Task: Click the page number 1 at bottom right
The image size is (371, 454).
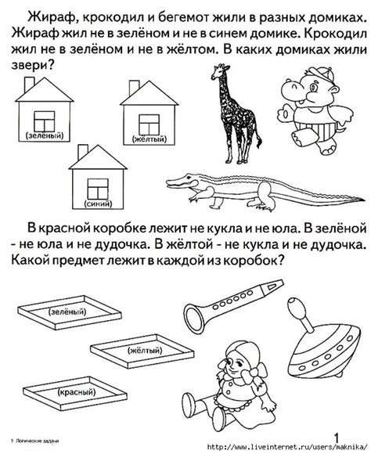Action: tap(337, 436)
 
